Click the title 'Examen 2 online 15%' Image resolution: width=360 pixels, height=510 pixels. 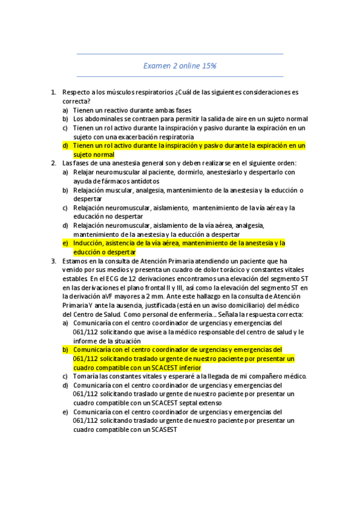pos(180,65)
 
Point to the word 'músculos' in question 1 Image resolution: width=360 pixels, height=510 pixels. pos(120,93)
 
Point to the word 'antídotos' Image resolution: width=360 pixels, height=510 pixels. pos(142,181)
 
